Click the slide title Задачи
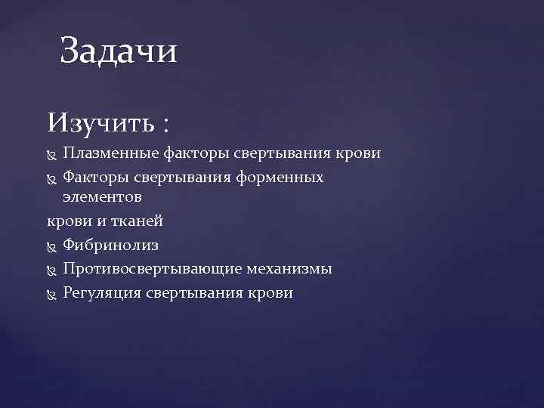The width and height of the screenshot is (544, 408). coord(119,52)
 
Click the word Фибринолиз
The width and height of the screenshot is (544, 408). coord(110,246)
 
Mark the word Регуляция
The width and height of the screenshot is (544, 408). coord(102,292)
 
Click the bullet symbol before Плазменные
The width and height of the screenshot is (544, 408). coord(52,155)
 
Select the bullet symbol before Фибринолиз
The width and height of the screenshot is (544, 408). coord(52,246)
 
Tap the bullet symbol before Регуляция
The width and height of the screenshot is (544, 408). coord(52,293)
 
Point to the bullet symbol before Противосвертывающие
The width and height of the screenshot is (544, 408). coord(52,270)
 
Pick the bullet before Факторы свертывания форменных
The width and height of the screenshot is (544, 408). coord(52,178)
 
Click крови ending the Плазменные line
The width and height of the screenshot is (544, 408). coord(358,154)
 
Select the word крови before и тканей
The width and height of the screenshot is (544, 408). coord(66,221)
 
